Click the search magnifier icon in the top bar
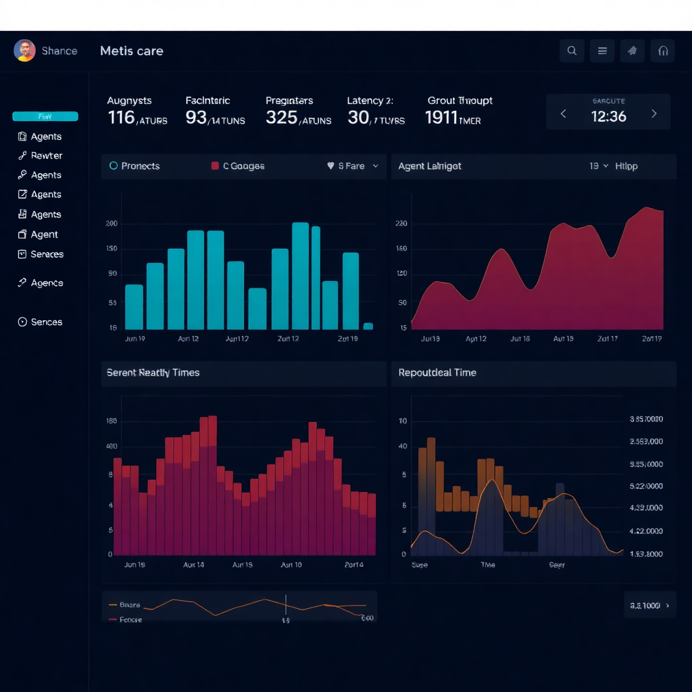pos(572,51)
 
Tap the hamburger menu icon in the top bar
pos(602,51)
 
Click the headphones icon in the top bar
pos(662,51)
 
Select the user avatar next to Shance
pos(24,51)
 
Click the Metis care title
pos(131,51)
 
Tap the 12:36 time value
pos(608,116)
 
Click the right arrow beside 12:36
pos(653,114)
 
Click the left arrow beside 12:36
pos(563,114)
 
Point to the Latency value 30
pos(358,118)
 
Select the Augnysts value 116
pos(122,118)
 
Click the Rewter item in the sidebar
pos(46,155)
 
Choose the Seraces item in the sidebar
pos(47,254)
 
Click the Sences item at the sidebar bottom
pos(46,322)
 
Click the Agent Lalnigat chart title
pos(430,166)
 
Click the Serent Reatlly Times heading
pos(153,372)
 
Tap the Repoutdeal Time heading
pos(437,372)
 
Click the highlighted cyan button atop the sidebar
pos(45,116)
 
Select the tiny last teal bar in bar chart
pos(368,326)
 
